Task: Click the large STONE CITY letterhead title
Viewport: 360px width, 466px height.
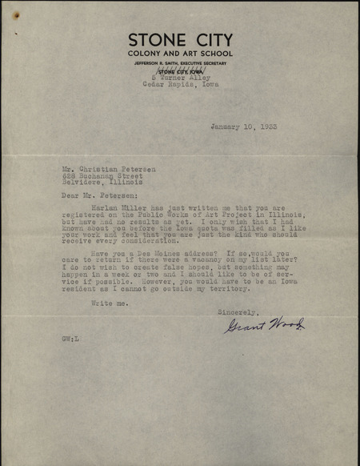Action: coord(180,39)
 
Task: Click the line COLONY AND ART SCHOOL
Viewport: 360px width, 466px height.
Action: coord(180,53)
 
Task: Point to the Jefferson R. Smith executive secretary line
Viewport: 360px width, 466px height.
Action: coord(180,63)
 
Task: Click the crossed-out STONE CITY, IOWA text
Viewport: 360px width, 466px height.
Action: coord(180,71)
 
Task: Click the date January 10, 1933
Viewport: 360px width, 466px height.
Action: coord(244,127)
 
